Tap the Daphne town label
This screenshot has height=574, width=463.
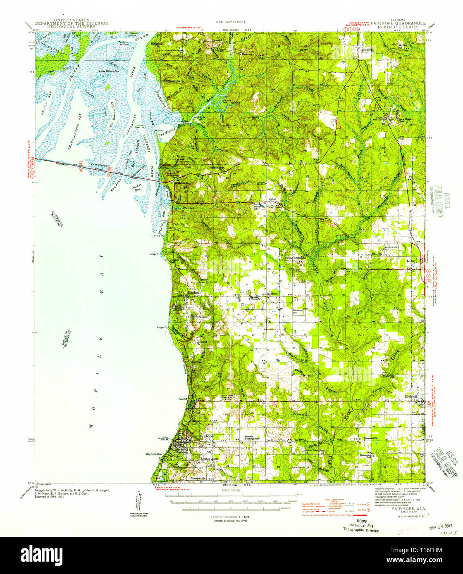[193, 292]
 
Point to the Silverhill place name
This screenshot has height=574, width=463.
[413, 396]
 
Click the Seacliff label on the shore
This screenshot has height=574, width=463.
[183, 399]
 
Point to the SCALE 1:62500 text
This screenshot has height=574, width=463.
[230, 490]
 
